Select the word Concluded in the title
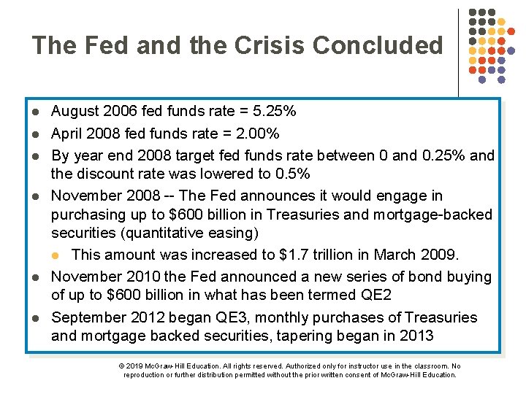(378, 45)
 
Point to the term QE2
(376, 295)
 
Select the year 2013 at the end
(418, 336)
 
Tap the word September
(87, 317)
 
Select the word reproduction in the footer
(144, 374)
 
